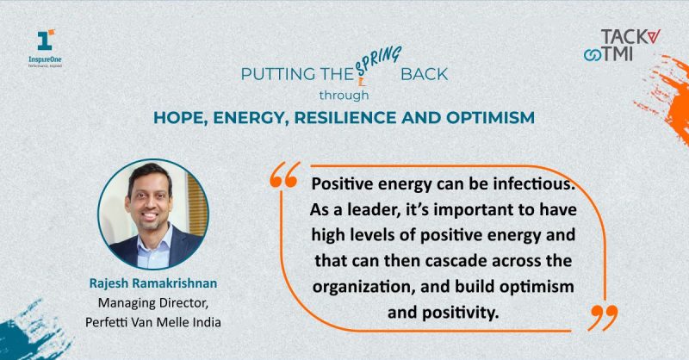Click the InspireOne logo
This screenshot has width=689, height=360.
pyautogui.click(x=46, y=48)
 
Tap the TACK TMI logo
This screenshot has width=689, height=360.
pyautogui.click(x=622, y=45)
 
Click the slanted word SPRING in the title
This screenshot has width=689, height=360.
pyautogui.click(x=378, y=60)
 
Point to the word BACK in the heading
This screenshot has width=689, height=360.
pyautogui.click(x=424, y=74)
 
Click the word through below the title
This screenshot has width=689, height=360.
pyautogui.click(x=344, y=96)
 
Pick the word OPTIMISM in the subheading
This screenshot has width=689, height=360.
pyautogui.click(x=490, y=118)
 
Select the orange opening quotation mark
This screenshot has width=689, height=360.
pyautogui.click(x=285, y=175)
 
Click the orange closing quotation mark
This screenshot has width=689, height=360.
pyautogui.click(x=603, y=317)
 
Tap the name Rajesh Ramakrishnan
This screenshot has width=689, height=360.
pyautogui.click(x=153, y=283)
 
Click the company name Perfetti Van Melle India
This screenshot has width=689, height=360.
pyautogui.click(x=153, y=322)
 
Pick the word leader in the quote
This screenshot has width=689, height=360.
pyautogui.click(x=374, y=210)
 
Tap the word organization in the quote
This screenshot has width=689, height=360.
pyautogui.click(x=364, y=287)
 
